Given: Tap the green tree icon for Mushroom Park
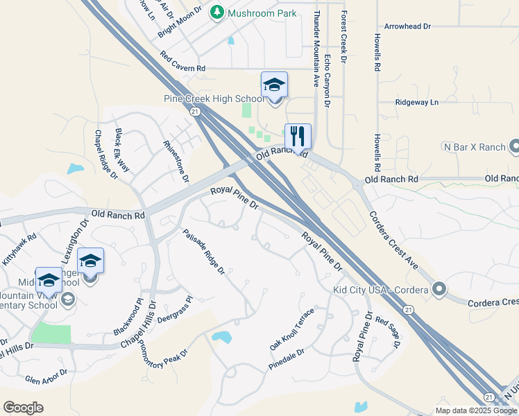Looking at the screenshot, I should [217, 12].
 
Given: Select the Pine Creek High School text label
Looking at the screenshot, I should [214, 99].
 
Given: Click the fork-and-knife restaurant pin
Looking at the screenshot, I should [298, 136].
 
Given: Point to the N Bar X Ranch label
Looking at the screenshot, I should [474, 147].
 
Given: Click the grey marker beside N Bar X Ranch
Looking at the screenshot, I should [514, 146].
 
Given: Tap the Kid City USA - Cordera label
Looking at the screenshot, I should [381, 288].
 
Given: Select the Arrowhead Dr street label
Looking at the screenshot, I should [408, 26].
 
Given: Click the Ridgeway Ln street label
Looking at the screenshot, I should [417, 102].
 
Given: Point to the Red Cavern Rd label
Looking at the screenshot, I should [182, 62].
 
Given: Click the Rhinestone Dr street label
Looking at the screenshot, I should [176, 161].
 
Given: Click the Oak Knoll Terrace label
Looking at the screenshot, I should [292, 329].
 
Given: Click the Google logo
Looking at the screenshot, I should [23, 408].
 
